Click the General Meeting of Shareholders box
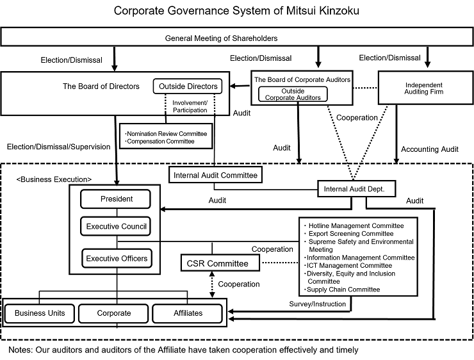click(x=237, y=37)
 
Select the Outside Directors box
click(x=188, y=86)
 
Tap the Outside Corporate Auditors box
click(x=293, y=94)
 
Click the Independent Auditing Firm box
click(x=425, y=88)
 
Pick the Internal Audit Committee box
click(x=215, y=175)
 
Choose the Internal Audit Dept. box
click(x=356, y=189)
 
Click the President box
click(x=115, y=199)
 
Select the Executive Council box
click(x=115, y=226)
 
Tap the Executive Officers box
click(x=117, y=258)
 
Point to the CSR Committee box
click(x=220, y=263)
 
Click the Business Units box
click(x=40, y=313)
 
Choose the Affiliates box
click(x=188, y=313)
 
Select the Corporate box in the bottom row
click(x=113, y=313)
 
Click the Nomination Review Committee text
click(x=167, y=134)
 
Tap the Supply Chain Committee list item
click(x=343, y=290)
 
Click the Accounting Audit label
click(x=430, y=149)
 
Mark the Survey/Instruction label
click(x=318, y=304)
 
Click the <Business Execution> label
click(x=54, y=179)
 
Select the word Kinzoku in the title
click(x=339, y=11)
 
